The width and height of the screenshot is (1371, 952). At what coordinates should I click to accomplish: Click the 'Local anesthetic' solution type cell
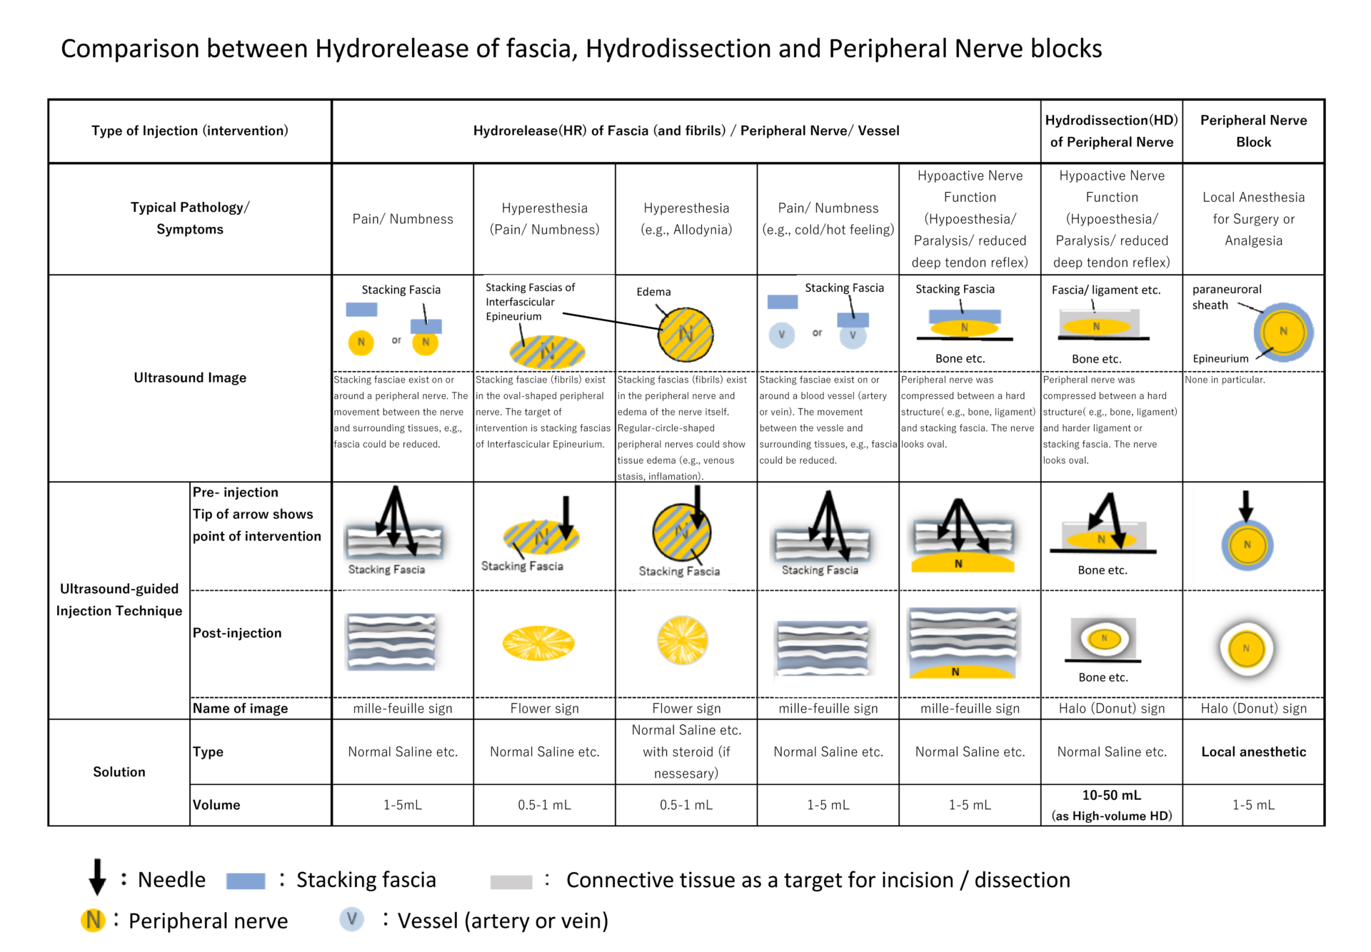tap(1253, 751)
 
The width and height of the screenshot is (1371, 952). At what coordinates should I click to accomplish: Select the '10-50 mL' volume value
tap(1112, 795)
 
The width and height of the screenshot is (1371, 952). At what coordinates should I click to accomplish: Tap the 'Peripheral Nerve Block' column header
tap(1253, 131)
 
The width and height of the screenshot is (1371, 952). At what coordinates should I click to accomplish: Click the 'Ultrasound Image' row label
tap(190, 378)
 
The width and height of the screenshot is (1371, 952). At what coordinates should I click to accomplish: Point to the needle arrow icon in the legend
tap(97, 876)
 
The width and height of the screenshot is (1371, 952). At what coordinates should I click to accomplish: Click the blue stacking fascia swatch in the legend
tap(246, 881)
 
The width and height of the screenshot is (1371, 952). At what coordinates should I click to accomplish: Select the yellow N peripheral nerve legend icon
tap(93, 921)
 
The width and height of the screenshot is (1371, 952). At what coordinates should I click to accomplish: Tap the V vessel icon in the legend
tap(351, 919)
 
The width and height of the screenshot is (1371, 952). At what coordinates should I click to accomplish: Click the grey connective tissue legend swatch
tap(511, 882)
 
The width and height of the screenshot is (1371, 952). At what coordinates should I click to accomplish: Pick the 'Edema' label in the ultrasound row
tap(653, 292)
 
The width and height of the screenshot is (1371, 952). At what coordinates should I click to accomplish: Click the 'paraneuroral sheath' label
tap(1227, 297)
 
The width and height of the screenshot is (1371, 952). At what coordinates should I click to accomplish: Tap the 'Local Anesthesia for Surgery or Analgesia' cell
tap(1253, 218)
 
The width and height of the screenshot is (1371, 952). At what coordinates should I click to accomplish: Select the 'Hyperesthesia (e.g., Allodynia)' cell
tap(686, 218)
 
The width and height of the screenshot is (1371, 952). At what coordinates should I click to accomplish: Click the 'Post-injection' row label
tap(237, 633)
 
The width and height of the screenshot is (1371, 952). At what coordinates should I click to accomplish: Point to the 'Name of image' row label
tap(240, 708)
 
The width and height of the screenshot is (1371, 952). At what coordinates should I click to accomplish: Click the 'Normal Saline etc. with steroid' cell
tap(686, 751)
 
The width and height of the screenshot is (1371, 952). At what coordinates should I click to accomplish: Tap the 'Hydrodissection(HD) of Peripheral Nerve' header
tap(1112, 131)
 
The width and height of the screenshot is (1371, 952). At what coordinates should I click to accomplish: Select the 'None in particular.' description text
tap(1225, 380)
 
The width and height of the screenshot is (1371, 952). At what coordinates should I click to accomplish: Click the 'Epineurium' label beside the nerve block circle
tap(1220, 358)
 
